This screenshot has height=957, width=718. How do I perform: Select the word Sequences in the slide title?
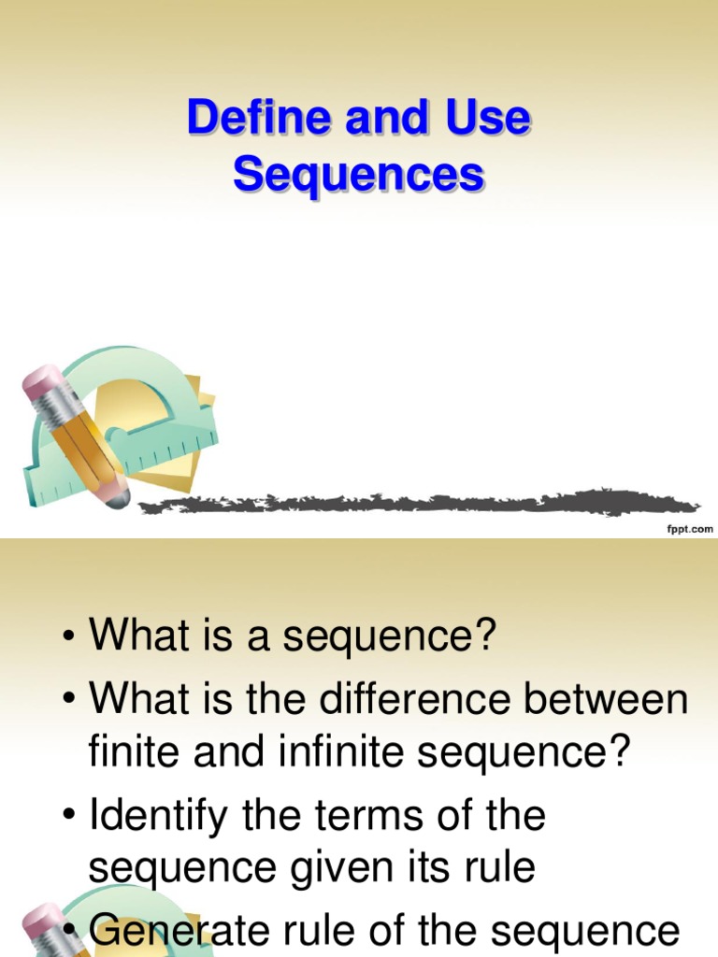coord(358,175)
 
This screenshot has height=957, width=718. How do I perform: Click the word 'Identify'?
coord(157,817)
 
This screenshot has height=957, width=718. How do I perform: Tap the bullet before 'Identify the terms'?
coord(68,817)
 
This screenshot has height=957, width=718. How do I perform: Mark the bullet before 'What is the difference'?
coord(68,699)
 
